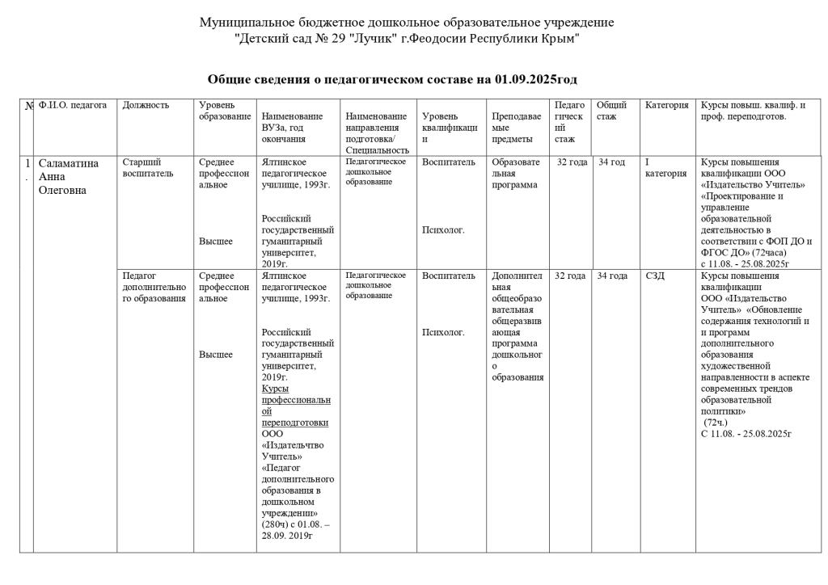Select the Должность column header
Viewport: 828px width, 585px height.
click(x=146, y=105)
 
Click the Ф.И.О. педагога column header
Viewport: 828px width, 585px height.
click(x=73, y=105)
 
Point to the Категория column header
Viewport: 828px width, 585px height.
click(x=667, y=105)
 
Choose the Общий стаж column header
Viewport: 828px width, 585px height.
click(x=611, y=111)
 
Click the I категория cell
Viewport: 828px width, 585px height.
click(x=665, y=167)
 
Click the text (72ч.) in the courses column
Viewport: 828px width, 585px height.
click(x=716, y=422)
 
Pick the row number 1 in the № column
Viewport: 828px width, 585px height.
click(x=27, y=162)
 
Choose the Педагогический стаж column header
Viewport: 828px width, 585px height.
click(x=568, y=121)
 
